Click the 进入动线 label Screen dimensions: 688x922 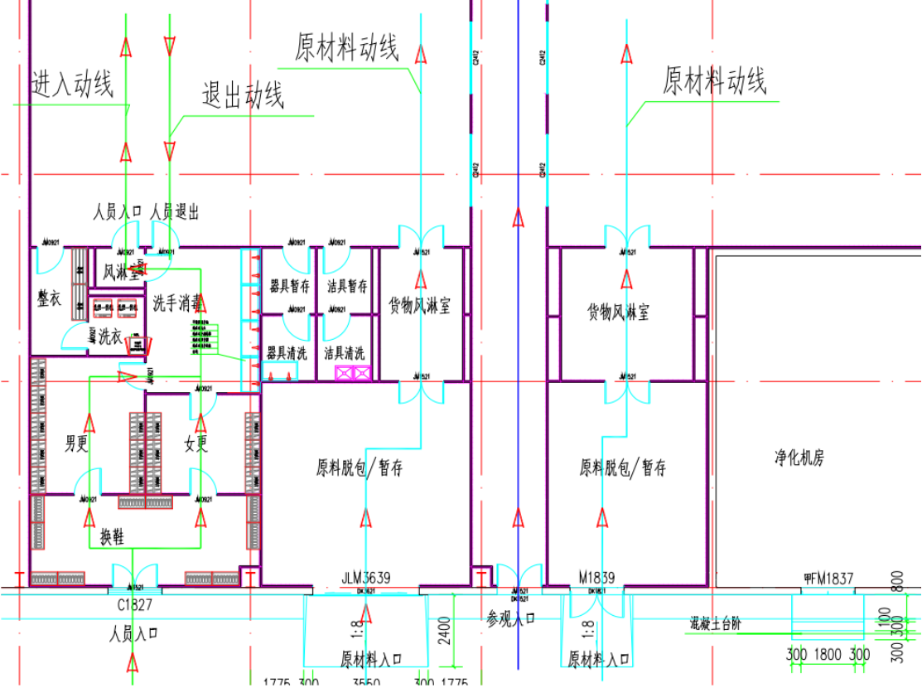point(72,84)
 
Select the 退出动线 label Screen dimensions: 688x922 point(243,96)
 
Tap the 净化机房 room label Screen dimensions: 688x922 point(799,457)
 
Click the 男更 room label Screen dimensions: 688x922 point(76,444)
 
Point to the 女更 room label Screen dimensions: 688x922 point(196,444)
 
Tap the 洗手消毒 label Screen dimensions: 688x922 point(177,303)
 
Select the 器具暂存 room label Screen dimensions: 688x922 point(289,288)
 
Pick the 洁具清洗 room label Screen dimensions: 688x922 point(344,353)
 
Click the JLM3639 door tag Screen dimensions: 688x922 point(365,578)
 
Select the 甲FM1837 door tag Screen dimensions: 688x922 point(828,578)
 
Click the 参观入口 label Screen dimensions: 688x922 point(510,618)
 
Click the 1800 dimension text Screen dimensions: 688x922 point(828,655)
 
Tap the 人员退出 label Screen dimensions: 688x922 point(175,213)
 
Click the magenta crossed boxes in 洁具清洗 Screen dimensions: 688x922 point(353,374)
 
